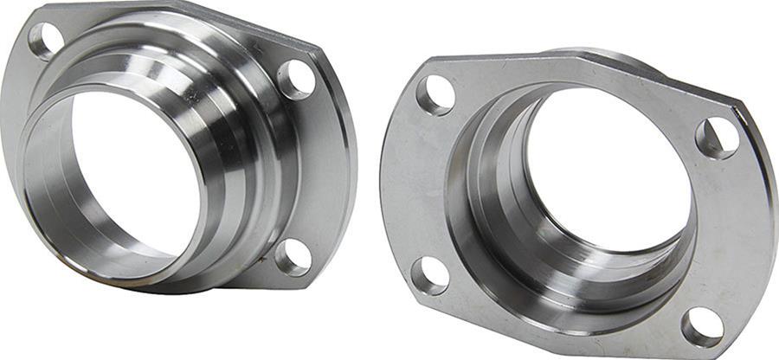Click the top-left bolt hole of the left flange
(x=44, y=39)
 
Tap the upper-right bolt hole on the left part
(x=296, y=79)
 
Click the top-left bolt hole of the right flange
(x=435, y=94)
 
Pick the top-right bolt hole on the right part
(x=718, y=138)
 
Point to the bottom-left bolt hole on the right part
(x=429, y=275)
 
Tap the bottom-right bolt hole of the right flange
(x=702, y=326)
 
